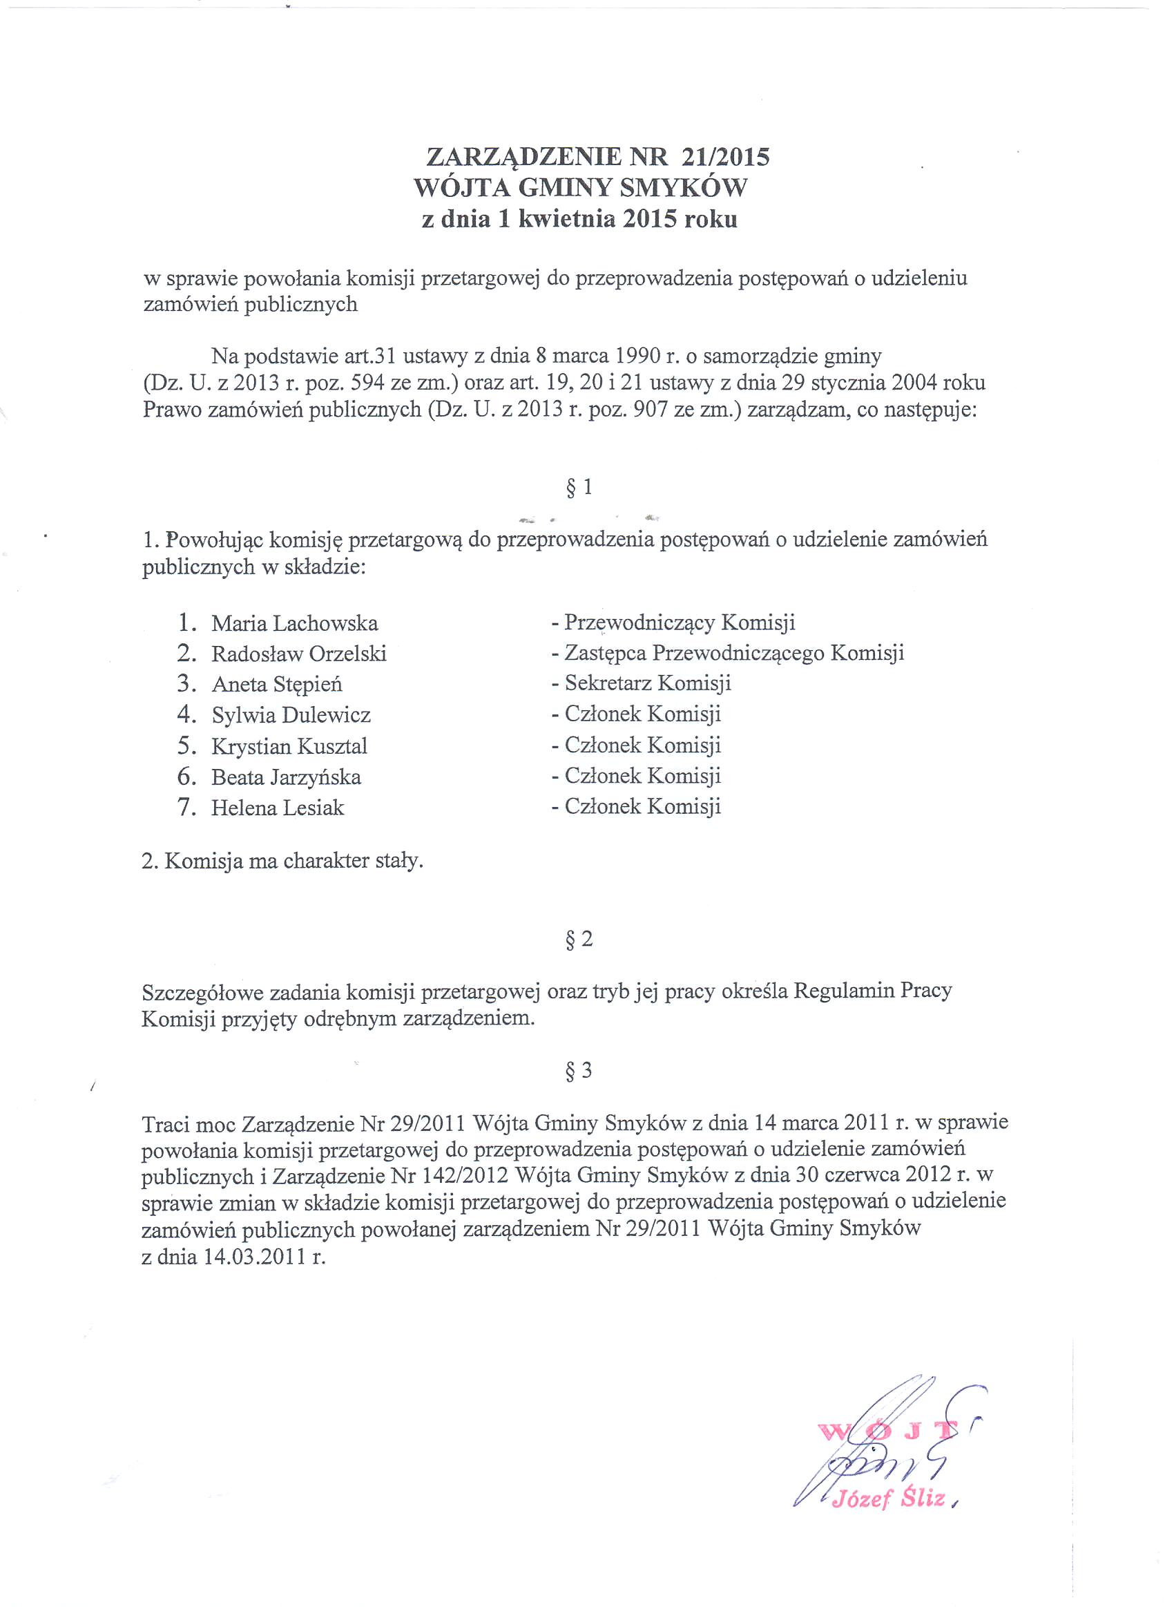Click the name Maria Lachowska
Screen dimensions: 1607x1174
click(294, 623)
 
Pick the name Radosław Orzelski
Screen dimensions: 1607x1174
click(298, 654)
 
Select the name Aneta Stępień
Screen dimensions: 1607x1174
click(277, 685)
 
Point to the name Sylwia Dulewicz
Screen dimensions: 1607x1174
click(291, 715)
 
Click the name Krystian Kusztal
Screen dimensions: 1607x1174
click(289, 746)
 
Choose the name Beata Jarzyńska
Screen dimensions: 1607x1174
click(286, 777)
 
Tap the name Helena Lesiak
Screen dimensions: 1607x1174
click(277, 808)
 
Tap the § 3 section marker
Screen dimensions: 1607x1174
click(579, 1070)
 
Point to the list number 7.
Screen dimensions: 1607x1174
click(187, 808)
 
